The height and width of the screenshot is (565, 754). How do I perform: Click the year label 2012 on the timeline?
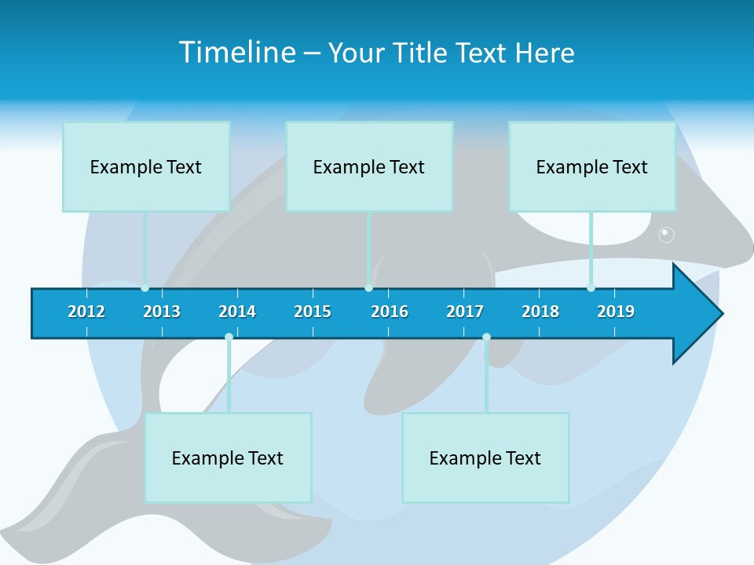pyautogui.click(x=86, y=312)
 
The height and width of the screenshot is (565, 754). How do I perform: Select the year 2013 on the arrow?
pyautogui.click(x=162, y=312)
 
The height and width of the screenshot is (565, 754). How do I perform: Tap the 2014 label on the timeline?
pyautogui.click(x=237, y=312)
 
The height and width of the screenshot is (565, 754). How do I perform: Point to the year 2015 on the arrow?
pyautogui.click(x=313, y=312)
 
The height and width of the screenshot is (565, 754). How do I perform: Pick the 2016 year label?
pyautogui.click(x=390, y=312)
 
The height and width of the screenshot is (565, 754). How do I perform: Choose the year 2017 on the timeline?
pyautogui.click(x=465, y=312)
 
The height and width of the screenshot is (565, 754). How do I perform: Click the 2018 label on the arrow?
pyautogui.click(x=540, y=312)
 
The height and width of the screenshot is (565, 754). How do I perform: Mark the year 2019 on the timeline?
pyautogui.click(x=616, y=312)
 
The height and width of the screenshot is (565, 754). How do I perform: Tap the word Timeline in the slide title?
pyautogui.click(x=236, y=53)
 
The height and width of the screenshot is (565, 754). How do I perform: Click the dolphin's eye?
pyautogui.click(x=666, y=233)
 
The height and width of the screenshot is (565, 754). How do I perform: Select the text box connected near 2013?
pyautogui.click(x=146, y=166)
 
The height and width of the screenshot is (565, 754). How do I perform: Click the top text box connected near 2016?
pyautogui.click(x=369, y=166)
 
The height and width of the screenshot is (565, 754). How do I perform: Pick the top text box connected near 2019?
pyautogui.click(x=592, y=166)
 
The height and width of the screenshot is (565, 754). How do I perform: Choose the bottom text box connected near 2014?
pyautogui.click(x=228, y=457)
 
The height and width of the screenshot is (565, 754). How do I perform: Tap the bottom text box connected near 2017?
pyautogui.click(x=485, y=457)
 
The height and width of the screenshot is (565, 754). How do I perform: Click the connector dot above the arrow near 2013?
pyautogui.click(x=145, y=288)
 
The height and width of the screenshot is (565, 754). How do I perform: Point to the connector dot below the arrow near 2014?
pyautogui.click(x=229, y=337)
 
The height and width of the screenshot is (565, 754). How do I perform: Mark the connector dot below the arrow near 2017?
pyautogui.click(x=486, y=337)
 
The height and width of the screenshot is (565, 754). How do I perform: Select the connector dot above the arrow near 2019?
pyautogui.click(x=591, y=288)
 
